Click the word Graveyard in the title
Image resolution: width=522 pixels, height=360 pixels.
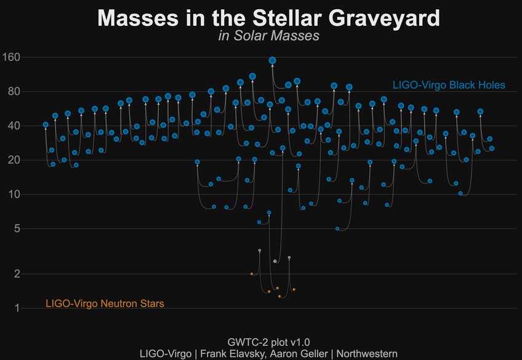pos(377,18)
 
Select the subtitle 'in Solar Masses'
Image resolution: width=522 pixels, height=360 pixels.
pos(268,36)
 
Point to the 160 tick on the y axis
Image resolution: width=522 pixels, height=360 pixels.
pos(12,57)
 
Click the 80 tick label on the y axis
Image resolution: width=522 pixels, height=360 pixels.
pos(15,92)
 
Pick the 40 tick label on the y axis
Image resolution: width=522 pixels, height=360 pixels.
pos(15,126)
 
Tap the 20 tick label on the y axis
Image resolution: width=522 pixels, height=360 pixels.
pos(15,160)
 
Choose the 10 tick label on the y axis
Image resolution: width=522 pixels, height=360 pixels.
pos(15,194)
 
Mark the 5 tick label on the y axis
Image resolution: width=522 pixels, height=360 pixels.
pos(18,228)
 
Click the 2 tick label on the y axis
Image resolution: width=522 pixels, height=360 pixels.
pos(18,273)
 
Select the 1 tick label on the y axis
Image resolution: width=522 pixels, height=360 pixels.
pos(18,308)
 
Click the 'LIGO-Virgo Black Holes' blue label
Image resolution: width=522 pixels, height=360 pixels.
pos(449,84)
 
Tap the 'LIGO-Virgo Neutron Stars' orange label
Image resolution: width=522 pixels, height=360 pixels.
pos(105,303)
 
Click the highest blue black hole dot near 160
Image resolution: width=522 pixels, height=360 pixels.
pos(272,60)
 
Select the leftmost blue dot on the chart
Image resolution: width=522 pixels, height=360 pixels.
pos(46,125)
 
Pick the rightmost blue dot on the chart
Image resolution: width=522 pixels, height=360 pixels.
pos(492,148)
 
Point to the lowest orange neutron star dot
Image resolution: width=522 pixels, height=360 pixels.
pos(279,296)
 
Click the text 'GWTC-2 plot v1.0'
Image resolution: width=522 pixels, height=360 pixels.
pos(268,342)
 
